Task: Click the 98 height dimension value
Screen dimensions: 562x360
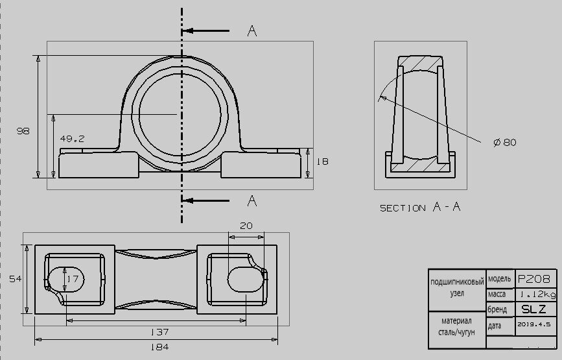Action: (23, 131)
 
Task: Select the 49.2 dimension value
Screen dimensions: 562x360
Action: (72, 139)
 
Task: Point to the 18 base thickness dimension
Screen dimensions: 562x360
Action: (323, 162)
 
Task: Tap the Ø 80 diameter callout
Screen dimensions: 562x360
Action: (505, 142)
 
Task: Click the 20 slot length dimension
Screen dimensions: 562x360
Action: (246, 226)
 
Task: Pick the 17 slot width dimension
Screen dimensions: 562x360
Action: (73, 279)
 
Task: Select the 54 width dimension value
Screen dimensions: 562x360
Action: (16, 279)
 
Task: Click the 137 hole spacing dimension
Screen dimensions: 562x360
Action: (159, 332)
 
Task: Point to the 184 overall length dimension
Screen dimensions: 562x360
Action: (159, 347)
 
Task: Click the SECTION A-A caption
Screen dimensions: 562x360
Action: (420, 207)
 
